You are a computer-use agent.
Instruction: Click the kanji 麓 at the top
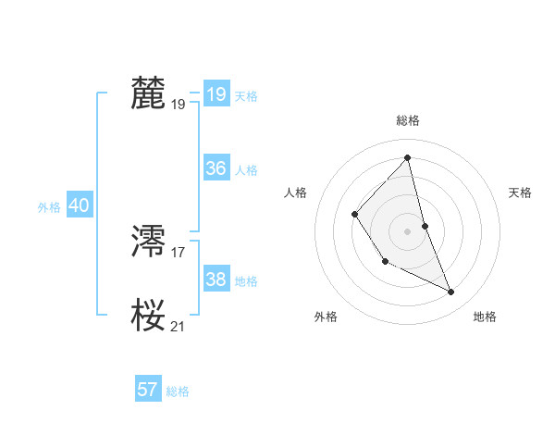pos(149,93)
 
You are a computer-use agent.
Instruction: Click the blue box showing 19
pos(216,94)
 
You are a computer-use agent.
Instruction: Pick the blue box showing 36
pos(216,168)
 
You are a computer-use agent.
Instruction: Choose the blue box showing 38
pos(216,280)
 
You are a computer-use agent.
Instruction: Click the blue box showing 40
pos(79,206)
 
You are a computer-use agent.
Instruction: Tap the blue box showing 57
pos(147,390)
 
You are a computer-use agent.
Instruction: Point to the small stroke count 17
pos(179,252)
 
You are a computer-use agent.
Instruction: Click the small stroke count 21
pos(179,326)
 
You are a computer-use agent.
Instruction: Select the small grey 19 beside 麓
pos(179,105)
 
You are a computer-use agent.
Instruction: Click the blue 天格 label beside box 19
pos(246,96)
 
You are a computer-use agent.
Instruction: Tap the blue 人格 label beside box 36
pos(246,170)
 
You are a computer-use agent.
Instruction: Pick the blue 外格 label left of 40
pos(49,207)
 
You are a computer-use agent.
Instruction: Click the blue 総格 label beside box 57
pos(178,391)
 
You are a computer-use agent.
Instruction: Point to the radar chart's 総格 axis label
pos(408,121)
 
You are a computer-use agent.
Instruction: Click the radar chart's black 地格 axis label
pos(485,317)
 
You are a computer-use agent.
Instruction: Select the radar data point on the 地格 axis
pos(451,292)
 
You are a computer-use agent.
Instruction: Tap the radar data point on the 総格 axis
pos(408,158)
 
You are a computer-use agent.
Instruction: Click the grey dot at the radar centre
pos(406,230)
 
